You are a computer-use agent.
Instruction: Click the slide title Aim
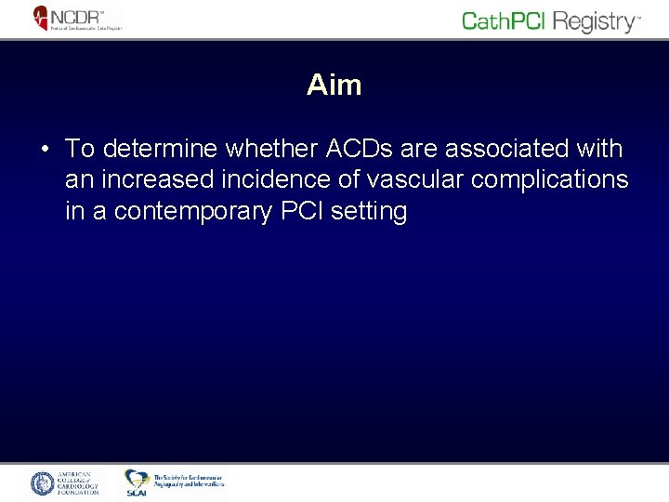pyautogui.click(x=334, y=86)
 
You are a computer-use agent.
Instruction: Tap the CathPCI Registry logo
pyautogui.click(x=551, y=21)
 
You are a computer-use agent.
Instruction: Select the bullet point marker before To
pyautogui.click(x=44, y=150)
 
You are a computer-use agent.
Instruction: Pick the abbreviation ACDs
pyautogui.click(x=350, y=149)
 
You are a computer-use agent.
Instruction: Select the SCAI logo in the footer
pyautogui.click(x=137, y=482)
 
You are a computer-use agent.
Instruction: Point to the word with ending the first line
pyautogui.click(x=600, y=149)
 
